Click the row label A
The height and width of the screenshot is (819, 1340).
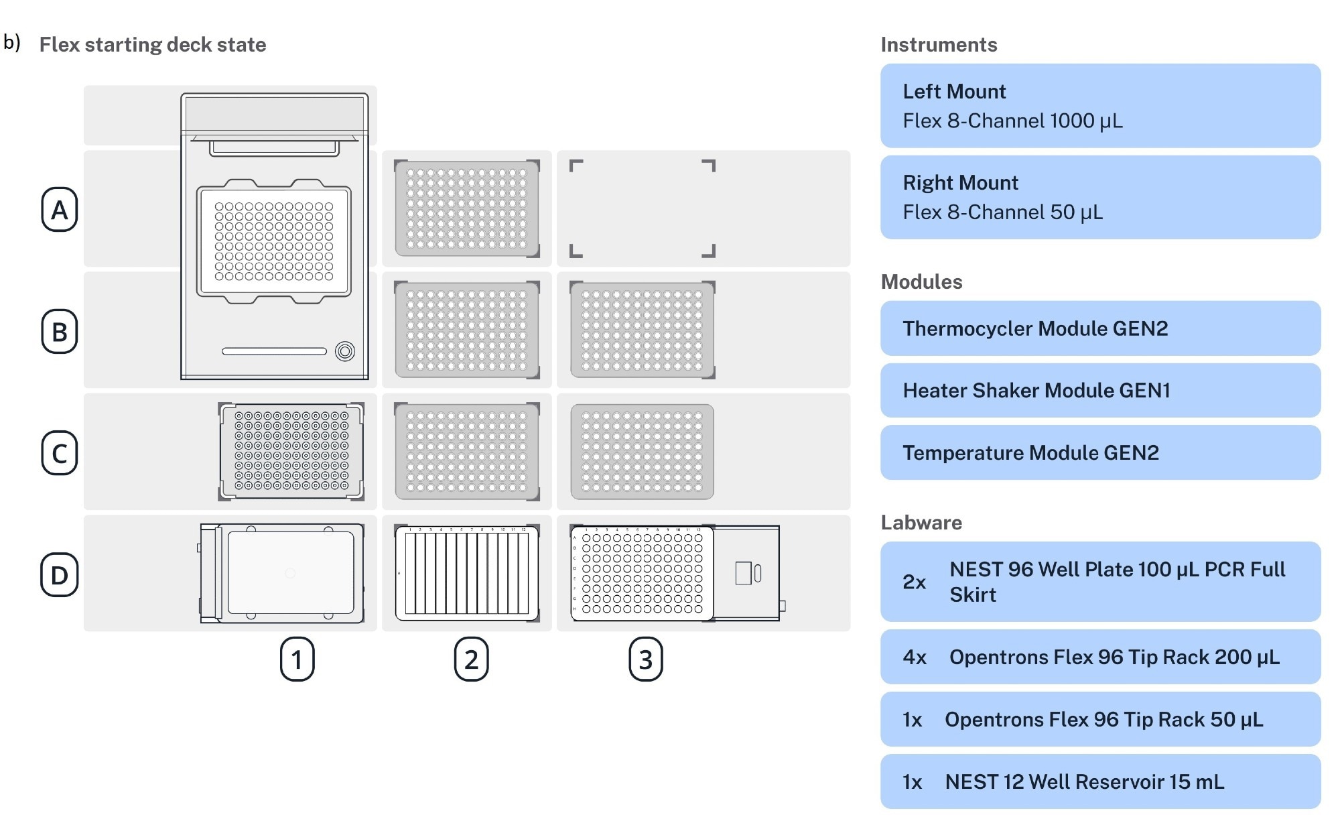pos(60,210)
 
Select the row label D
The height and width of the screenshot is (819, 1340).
pos(60,575)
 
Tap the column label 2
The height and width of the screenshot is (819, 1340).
pos(471,659)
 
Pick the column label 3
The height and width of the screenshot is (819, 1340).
pos(645,659)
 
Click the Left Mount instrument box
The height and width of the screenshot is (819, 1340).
pos(1100,106)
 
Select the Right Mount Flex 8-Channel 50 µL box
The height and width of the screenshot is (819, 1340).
pos(1100,198)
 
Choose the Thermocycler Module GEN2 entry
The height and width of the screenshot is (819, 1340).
pos(1100,328)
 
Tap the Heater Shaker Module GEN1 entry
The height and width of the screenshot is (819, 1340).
pos(1100,391)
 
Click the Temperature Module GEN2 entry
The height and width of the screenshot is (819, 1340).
pos(1100,453)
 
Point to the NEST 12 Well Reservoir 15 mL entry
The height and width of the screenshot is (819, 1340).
pos(1100,781)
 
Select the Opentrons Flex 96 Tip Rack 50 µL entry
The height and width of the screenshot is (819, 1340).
pos(1100,719)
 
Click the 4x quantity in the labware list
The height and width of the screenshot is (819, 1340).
pos(915,657)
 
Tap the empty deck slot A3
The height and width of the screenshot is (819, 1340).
pos(642,208)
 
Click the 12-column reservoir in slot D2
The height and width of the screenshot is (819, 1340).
pos(467,573)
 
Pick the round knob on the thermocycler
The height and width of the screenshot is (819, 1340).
pos(345,351)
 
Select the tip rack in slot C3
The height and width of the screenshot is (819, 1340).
pos(642,452)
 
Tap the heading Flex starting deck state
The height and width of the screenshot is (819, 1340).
pos(153,45)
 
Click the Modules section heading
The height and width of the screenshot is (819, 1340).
pos(921,281)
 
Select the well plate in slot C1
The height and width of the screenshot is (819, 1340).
pos(291,452)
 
